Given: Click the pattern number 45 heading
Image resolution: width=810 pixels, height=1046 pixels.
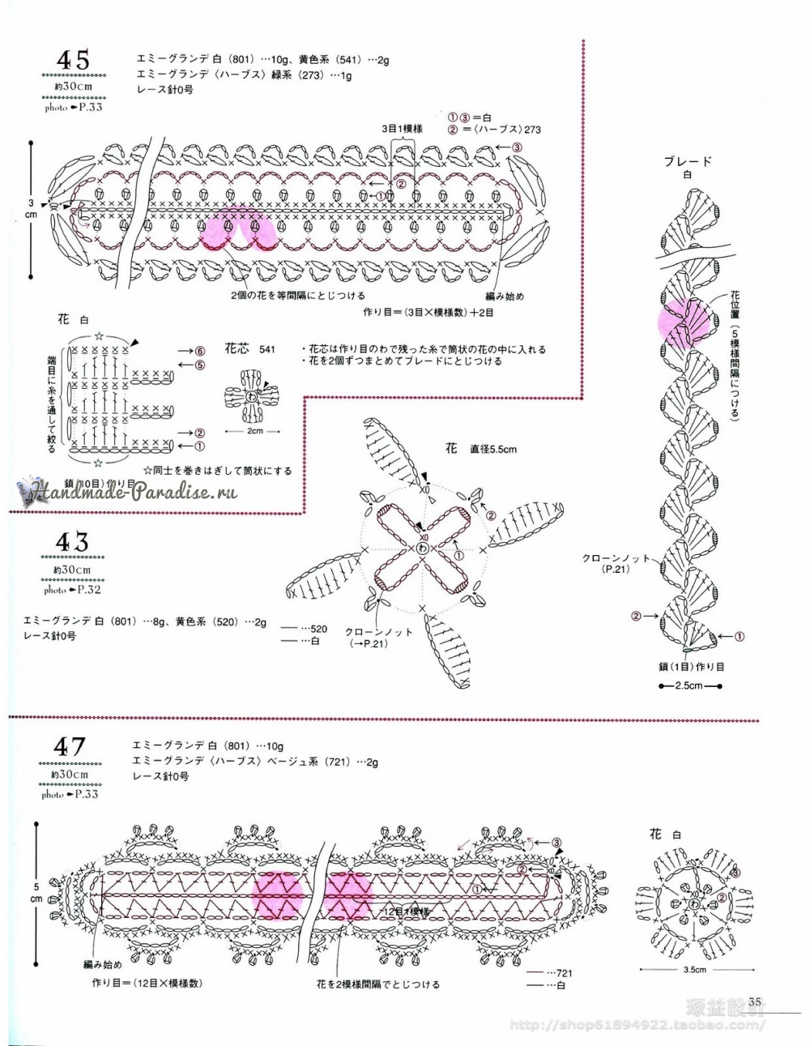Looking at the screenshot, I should coord(73,59).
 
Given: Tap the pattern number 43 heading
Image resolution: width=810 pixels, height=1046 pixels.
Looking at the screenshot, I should coord(71,542).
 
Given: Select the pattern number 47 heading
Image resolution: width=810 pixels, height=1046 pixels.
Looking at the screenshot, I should coord(70,746).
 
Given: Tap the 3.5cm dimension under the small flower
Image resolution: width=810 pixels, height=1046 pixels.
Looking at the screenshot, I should coord(694,969).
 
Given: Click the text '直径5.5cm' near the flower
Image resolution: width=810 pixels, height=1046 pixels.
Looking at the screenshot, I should coord(492,449).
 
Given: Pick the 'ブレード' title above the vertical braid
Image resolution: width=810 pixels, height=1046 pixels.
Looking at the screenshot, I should coord(688,161).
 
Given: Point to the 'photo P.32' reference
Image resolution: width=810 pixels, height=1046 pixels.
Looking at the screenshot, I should coord(73,591).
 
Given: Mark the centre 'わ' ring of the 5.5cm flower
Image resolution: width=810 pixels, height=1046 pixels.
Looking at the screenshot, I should coord(422,549).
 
